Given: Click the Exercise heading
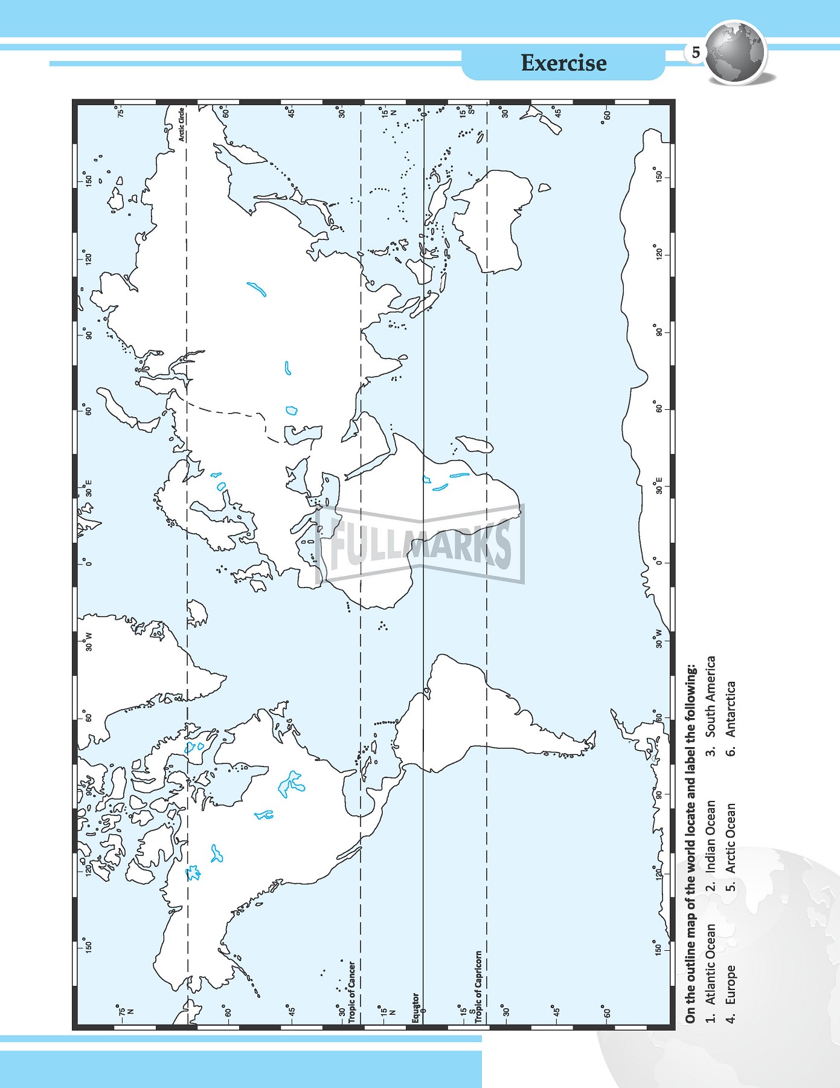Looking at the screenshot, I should click(x=563, y=63).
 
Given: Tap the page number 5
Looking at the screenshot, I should click(x=696, y=53).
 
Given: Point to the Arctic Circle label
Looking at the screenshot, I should click(x=181, y=125).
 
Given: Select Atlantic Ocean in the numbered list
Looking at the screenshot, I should click(x=711, y=964).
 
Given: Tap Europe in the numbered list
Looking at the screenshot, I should click(x=731, y=985).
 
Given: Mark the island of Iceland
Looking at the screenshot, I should click(x=196, y=613).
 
